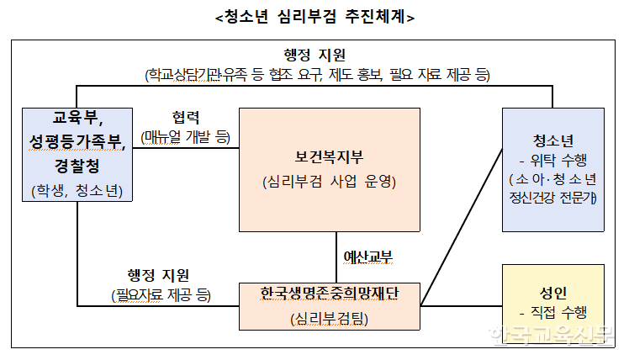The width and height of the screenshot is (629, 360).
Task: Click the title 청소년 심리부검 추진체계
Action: click(x=314, y=16)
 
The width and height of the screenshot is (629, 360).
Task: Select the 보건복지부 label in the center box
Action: click(x=329, y=156)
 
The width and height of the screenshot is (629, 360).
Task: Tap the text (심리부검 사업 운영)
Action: click(x=329, y=182)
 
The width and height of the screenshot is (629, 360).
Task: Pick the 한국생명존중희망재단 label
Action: click(x=329, y=294)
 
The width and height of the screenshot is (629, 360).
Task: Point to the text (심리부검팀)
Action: click(x=329, y=319)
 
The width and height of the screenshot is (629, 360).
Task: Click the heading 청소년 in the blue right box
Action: click(x=552, y=140)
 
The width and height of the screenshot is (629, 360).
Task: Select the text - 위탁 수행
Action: click(x=552, y=160)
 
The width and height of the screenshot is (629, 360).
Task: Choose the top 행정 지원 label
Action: click(x=314, y=56)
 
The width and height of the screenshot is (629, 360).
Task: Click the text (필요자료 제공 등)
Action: click(x=161, y=295)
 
